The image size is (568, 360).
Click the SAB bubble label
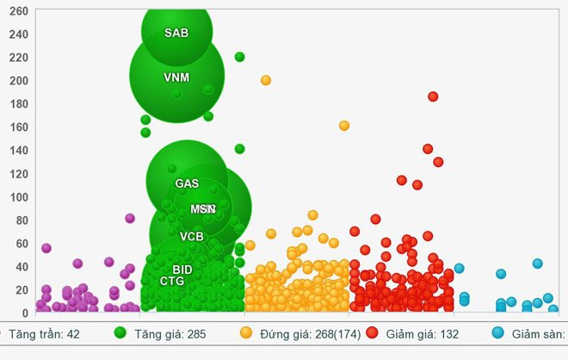176,34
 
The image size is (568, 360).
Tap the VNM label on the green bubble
176,78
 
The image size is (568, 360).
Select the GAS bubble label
187,183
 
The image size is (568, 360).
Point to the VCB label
192,236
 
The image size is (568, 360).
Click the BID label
182,270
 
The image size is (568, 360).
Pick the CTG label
172,281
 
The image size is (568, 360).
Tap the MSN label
203,209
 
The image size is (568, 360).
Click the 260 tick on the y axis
18,11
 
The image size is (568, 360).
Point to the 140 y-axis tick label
18,150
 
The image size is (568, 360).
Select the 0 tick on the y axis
25,312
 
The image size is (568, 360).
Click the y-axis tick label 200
18,80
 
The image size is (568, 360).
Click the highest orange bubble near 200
266,80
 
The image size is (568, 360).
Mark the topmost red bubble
433,96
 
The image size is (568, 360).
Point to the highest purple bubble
130,218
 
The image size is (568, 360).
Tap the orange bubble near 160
344,126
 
